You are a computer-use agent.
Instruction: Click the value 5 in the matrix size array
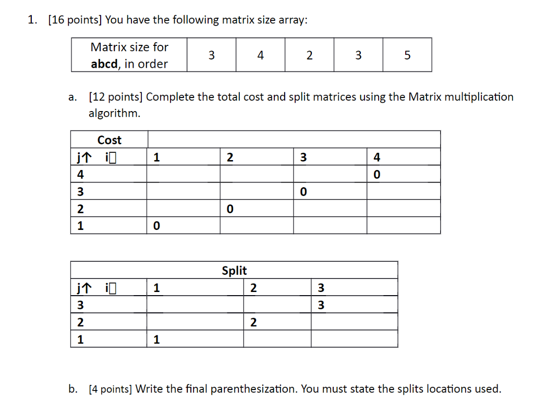tap(407, 55)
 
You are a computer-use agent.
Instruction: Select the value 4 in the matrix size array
tap(260, 55)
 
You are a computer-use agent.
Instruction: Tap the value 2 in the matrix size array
tap(309, 55)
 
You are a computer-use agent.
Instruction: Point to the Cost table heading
tap(109, 140)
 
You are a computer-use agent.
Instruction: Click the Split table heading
tap(234, 271)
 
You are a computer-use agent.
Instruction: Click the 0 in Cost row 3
tap(303, 192)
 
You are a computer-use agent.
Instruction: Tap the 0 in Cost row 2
tap(229, 210)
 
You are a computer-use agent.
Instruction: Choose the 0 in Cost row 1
tap(156, 226)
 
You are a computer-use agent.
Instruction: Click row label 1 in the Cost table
tap(80, 226)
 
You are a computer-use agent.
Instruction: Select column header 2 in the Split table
tap(253, 287)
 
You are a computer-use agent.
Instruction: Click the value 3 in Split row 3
tap(321, 305)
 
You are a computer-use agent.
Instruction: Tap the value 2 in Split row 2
tap(253, 323)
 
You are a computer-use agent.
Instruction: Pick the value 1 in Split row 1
tap(156, 340)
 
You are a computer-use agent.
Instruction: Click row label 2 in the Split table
tap(80, 323)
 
